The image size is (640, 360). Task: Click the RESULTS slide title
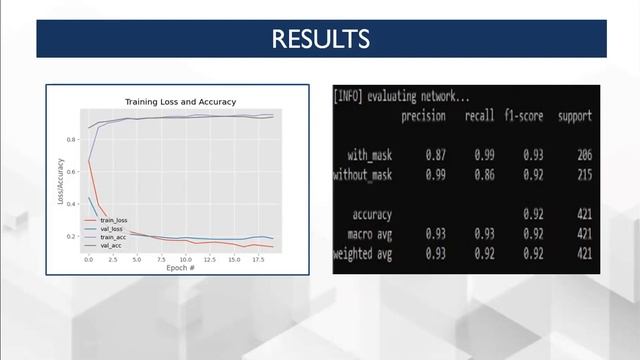coord(320,39)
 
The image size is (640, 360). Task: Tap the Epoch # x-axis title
coord(180,268)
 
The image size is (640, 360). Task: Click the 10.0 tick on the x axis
coord(186,259)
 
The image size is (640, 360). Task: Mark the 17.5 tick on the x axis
coord(258,259)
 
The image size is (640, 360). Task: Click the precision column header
coord(423,116)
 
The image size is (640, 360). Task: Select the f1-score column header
coord(524,116)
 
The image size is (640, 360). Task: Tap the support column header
coord(575,116)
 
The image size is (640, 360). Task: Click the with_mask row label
coord(370,155)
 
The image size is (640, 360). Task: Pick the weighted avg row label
coord(362,253)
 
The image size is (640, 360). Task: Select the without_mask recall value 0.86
coord(485,175)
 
